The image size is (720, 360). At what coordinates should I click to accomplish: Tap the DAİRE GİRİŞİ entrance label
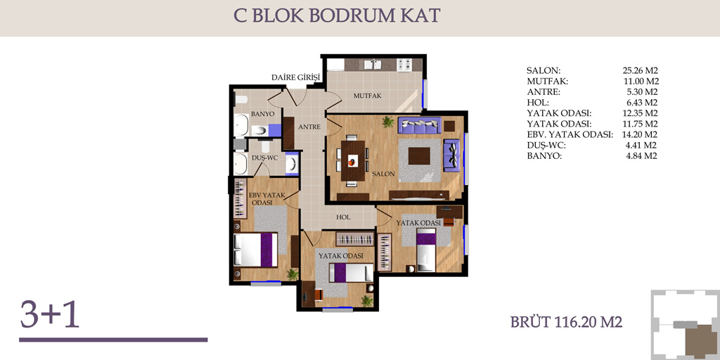[295, 77]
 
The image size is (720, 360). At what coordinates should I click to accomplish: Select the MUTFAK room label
[368, 96]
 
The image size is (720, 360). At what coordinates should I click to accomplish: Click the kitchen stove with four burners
[404, 64]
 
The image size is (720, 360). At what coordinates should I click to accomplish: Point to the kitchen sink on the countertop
[373, 64]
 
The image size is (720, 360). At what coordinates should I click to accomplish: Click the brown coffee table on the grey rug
[419, 155]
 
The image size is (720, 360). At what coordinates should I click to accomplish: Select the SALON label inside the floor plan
[384, 174]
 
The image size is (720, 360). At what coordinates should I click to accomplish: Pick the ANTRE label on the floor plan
[309, 127]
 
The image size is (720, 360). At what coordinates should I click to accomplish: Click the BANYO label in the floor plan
[263, 113]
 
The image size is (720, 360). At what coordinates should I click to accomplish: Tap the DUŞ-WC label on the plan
[265, 157]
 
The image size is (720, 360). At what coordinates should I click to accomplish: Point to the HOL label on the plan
[343, 217]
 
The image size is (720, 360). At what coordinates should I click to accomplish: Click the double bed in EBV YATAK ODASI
[255, 250]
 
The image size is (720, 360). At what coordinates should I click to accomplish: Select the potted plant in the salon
[388, 122]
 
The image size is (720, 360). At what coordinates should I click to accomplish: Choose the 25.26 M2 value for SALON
[641, 71]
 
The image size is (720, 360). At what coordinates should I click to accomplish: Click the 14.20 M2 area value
[641, 135]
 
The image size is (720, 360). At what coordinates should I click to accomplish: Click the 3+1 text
[50, 314]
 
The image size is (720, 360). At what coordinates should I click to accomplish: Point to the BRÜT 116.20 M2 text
[566, 322]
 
